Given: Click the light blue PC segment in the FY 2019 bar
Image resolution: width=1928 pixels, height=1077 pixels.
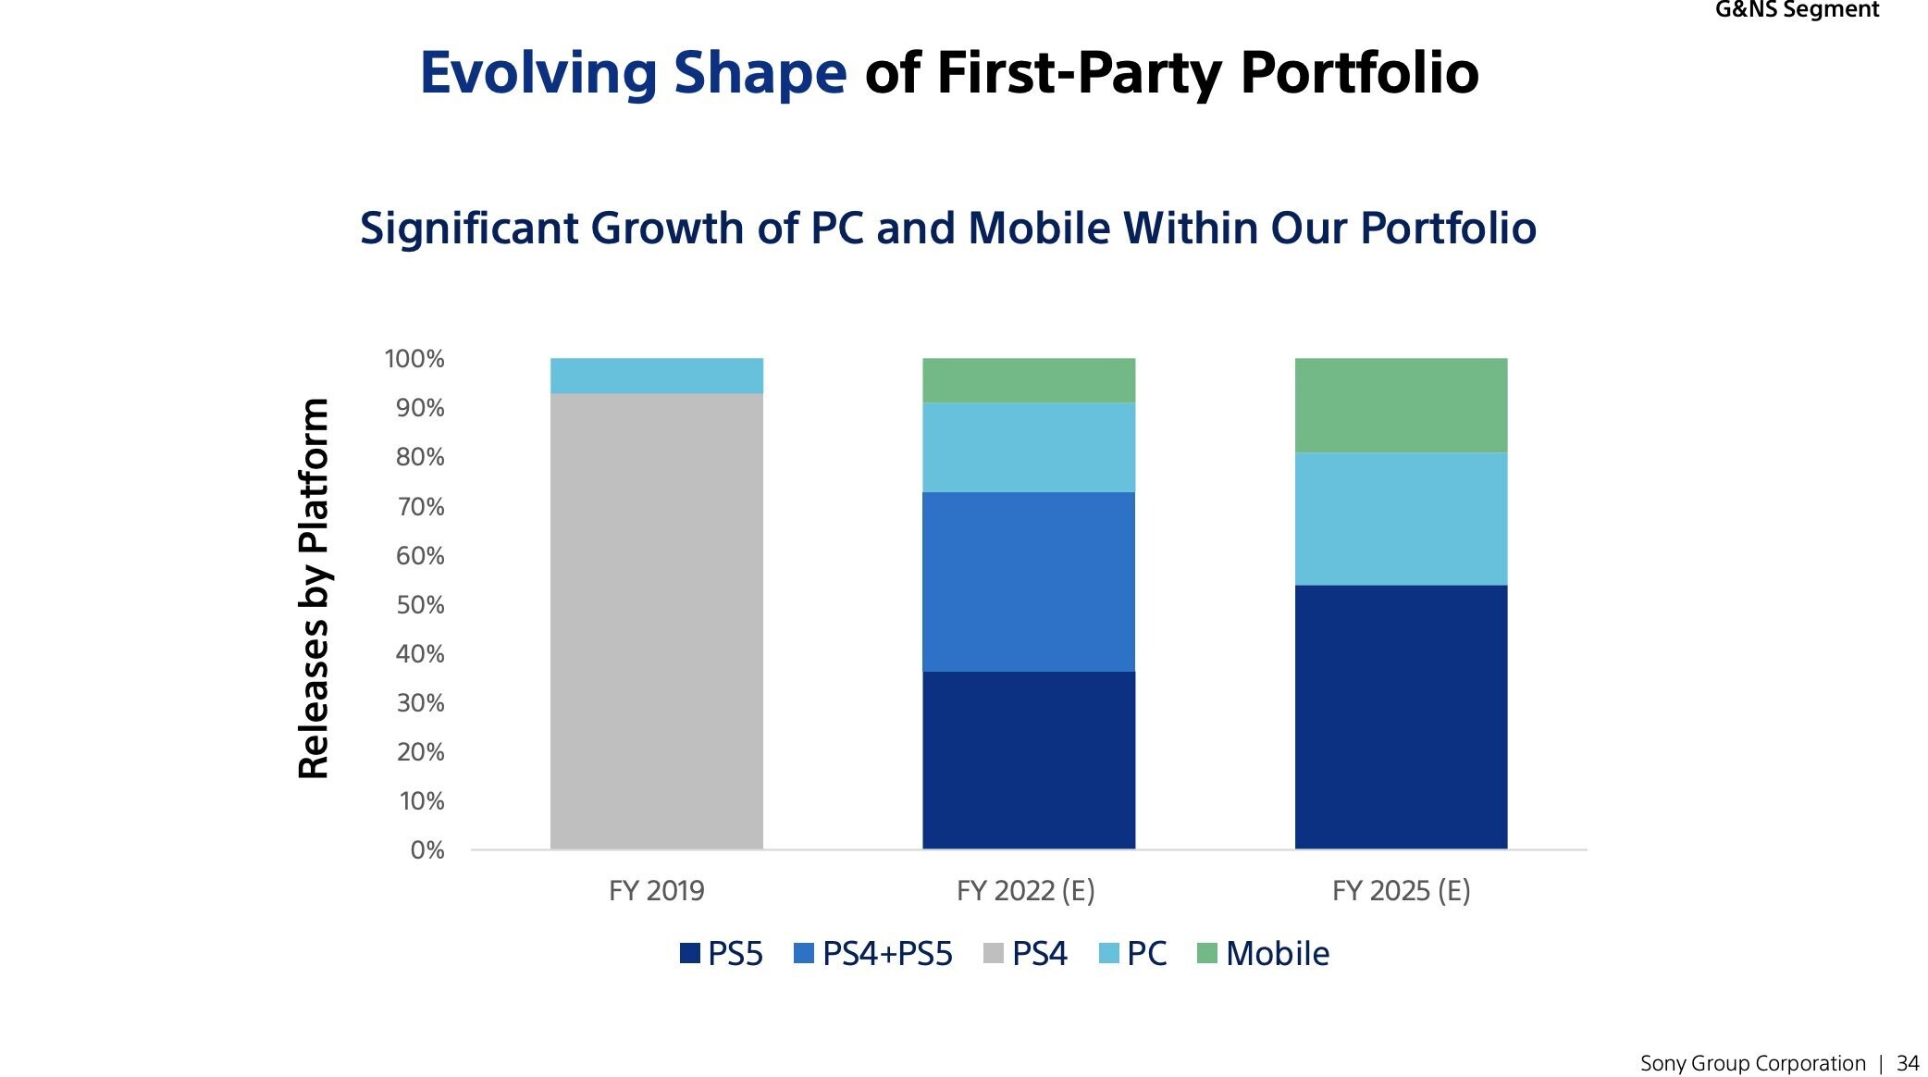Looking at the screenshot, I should click(x=656, y=376).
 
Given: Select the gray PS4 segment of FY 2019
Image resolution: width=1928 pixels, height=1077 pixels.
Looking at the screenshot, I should click(x=656, y=621).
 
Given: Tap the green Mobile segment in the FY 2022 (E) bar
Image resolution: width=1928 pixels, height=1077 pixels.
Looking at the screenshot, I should click(x=1028, y=380).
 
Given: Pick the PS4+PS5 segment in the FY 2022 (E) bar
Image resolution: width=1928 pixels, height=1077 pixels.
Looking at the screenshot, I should click(x=1028, y=581).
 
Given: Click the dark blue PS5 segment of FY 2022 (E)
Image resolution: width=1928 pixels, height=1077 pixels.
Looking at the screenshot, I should click(x=1028, y=760).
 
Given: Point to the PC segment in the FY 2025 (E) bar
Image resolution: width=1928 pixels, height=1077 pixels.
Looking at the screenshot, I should click(x=1400, y=518).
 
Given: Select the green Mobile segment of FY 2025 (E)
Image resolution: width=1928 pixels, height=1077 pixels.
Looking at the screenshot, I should click(x=1400, y=405).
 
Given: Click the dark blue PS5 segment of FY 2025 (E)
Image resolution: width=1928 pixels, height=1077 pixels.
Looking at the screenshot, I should click(x=1400, y=716).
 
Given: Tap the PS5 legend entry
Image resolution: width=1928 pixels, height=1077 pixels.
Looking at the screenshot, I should click(x=722, y=953).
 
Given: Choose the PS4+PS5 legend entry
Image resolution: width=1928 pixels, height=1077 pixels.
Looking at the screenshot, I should click(x=873, y=953).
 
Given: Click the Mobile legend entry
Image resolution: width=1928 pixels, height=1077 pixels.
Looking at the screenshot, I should click(x=1264, y=953).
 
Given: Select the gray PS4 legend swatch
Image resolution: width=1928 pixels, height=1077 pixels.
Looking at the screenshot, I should click(x=993, y=953).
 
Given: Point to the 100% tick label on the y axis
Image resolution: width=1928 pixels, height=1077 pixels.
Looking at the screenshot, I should click(x=414, y=359).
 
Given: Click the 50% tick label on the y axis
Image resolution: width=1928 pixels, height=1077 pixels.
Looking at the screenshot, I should click(x=420, y=605).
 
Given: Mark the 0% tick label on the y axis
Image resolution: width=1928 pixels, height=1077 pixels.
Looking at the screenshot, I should click(x=426, y=850).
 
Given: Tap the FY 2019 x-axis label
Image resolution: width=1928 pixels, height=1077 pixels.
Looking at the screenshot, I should click(x=656, y=890).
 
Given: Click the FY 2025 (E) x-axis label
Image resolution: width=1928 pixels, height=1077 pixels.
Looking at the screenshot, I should click(x=1401, y=890).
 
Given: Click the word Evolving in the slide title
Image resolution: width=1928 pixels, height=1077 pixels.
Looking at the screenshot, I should click(x=538, y=73).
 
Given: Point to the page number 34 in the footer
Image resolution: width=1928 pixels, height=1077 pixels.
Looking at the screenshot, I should click(x=1907, y=1063).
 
